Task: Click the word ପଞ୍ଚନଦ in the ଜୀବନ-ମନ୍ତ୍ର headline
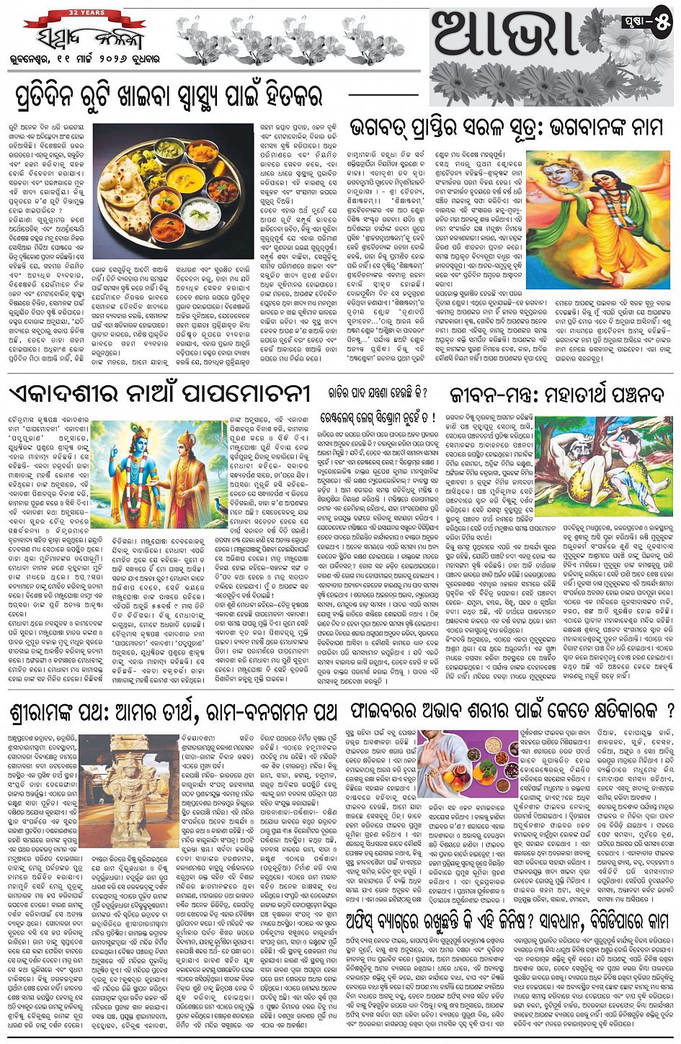point(639,393)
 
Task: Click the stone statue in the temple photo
point(127,785)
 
